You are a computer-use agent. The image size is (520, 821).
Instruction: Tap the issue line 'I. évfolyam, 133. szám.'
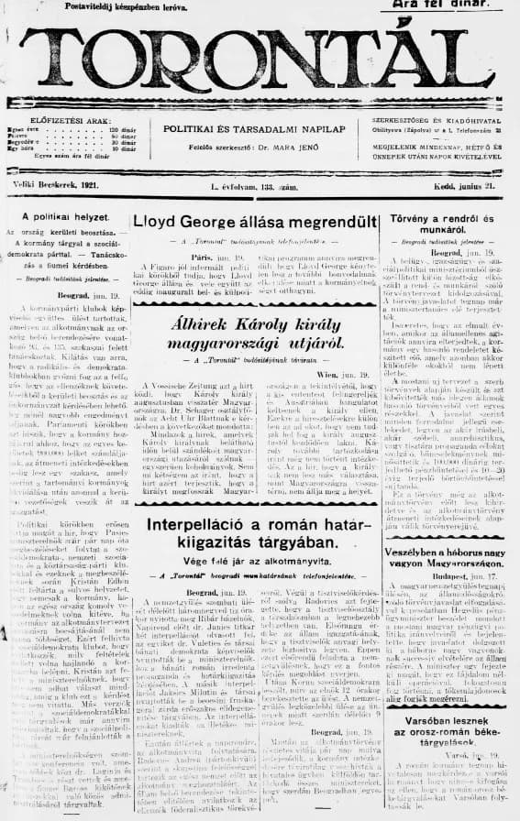point(252,187)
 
